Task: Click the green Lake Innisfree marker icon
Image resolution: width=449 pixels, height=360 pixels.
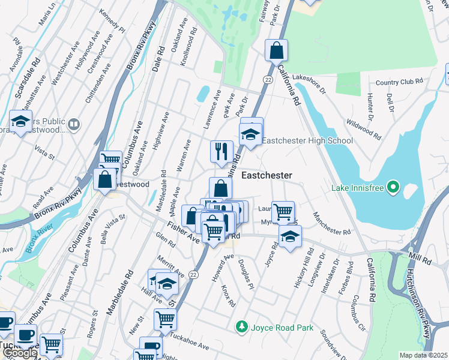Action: tap(394, 188)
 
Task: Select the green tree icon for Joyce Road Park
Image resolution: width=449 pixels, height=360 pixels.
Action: tap(241, 326)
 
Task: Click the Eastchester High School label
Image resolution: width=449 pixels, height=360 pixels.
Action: tap(307, 140)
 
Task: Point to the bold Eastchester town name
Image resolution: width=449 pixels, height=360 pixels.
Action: tap(267, 176)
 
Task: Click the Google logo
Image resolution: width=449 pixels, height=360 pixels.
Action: tap(19, 353)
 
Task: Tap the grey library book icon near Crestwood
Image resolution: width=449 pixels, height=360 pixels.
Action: tap(74, 124)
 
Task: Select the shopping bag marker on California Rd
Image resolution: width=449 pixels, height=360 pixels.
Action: tap(276, 52)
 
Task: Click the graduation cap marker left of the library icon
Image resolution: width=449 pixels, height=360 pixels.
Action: tap(21, 122)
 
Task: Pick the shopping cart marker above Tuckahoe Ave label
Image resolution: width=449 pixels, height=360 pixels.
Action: tap(165, 319)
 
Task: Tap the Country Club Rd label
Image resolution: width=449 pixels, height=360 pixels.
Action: tap(399, 82)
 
